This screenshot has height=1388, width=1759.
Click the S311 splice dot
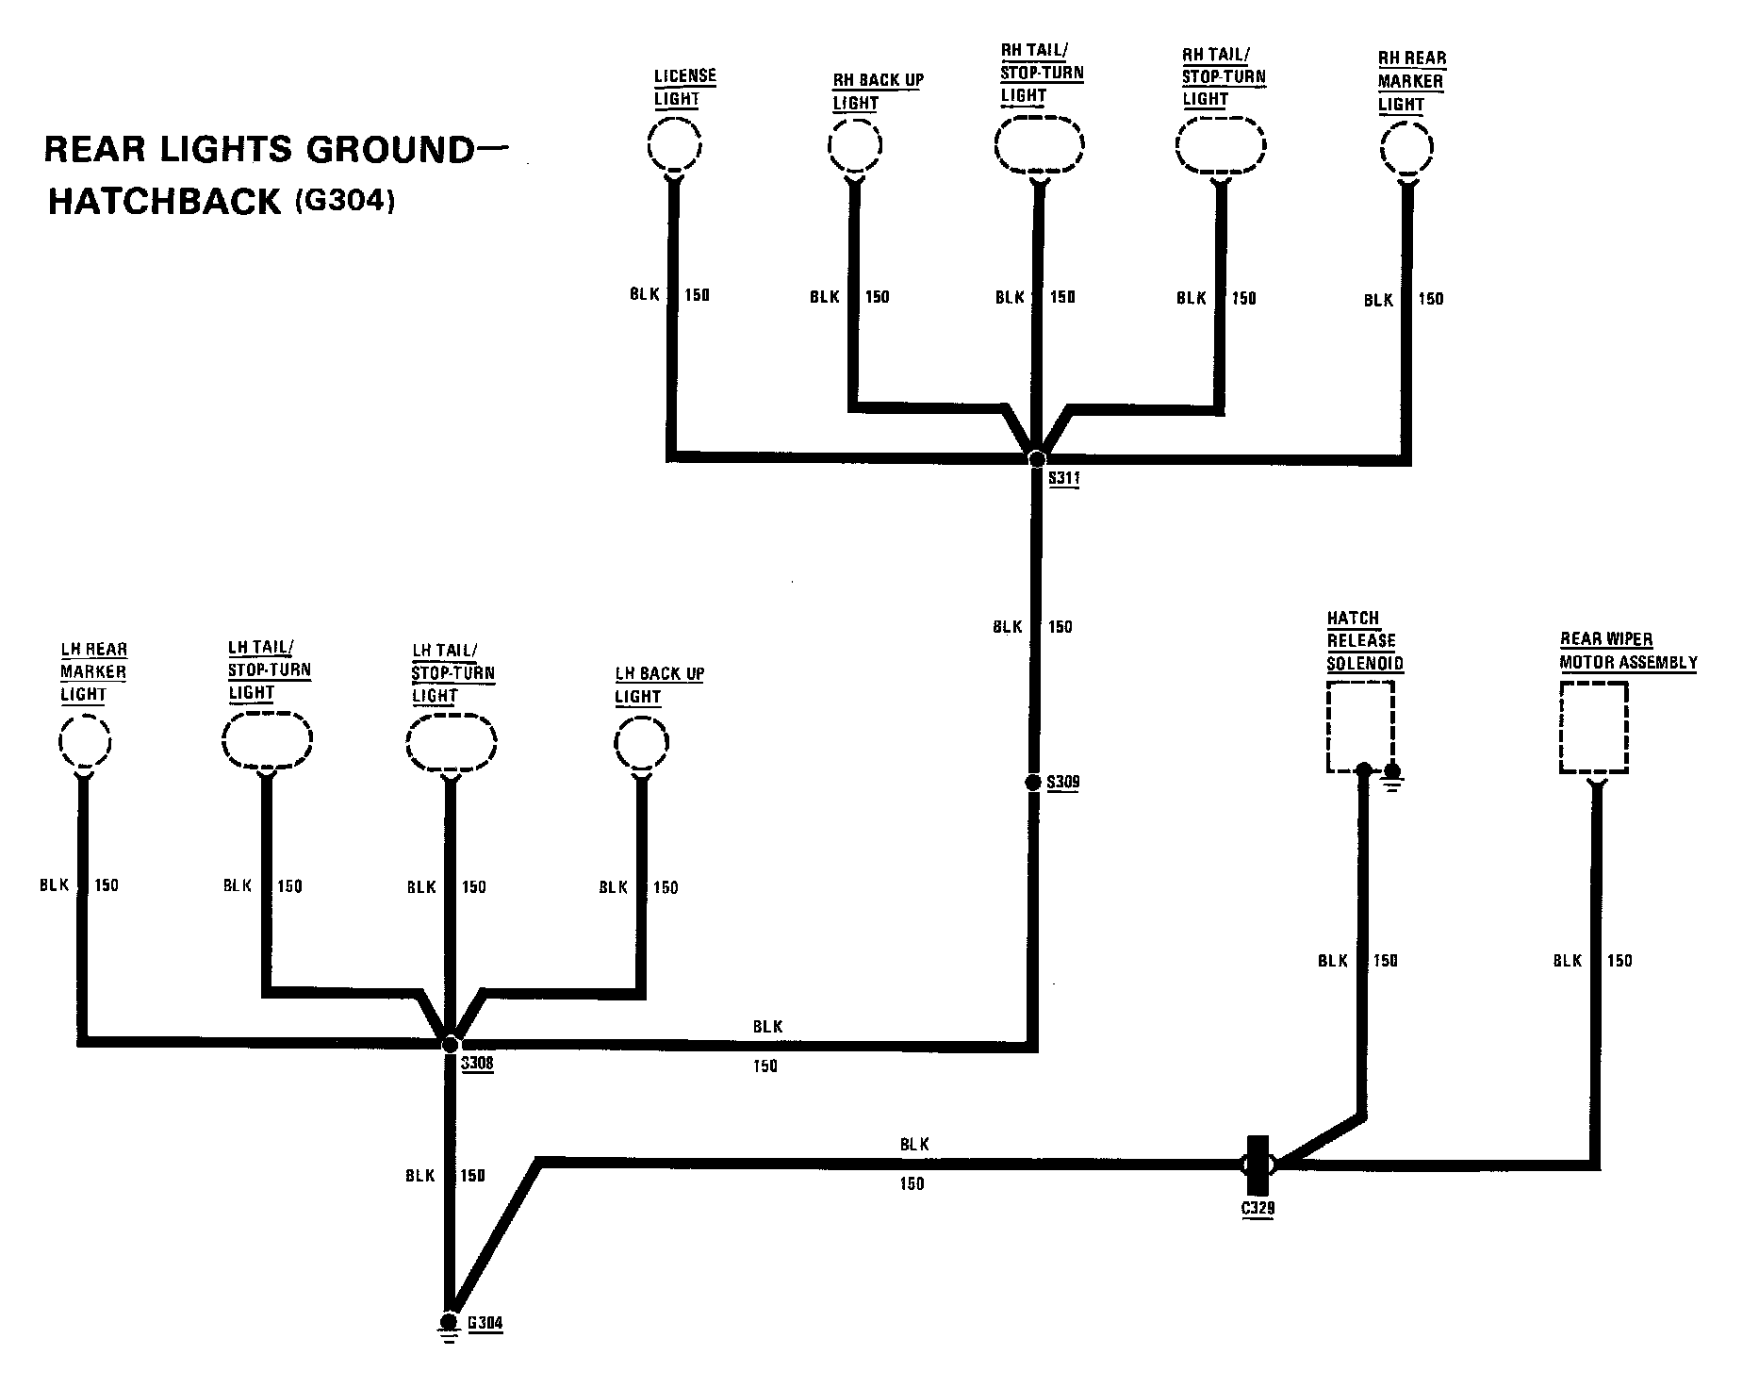pos(1037,458)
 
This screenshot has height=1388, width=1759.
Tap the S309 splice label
pos(1063,782)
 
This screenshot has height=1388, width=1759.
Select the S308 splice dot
pos(451,1044)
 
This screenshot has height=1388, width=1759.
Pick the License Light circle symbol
pos(675,145)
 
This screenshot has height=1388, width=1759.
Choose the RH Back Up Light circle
pos(855,146)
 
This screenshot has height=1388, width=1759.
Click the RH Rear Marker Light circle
pos(1406,149)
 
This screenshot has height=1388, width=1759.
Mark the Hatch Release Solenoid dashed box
pos(1359,727)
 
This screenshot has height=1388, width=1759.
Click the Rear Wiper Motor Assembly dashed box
pos(1593,728)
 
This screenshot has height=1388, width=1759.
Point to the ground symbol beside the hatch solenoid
pos(1394,777)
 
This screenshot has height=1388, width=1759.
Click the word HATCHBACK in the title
pos(165,203)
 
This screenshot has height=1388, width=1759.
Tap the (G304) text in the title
pos(344,201)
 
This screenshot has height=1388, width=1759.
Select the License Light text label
pos(685,87)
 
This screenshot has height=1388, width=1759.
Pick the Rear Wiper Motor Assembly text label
pos(1628,651)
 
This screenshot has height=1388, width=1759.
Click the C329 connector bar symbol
pos(1258,1165)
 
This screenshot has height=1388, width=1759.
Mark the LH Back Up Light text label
pos(659,686)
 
